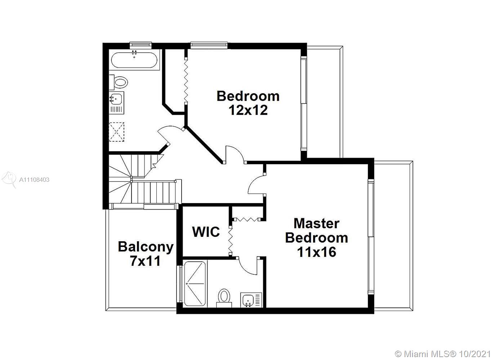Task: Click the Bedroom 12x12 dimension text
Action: [248, 110]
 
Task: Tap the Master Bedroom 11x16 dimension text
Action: [317, 252]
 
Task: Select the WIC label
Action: [206, 232]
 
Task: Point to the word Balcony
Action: [146, 247]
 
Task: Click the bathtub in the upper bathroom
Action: [134, 60]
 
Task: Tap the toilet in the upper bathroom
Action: [119, 82]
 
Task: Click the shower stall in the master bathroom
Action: [195, 284]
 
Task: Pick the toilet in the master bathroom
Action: [224, 298]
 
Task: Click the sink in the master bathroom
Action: [251, 300]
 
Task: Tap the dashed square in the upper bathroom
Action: [116, 132]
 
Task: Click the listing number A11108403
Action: [34, 180]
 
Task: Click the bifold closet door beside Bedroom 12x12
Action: [186, 81]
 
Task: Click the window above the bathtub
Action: [141, 45]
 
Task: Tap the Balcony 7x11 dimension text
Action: [145, 261]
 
